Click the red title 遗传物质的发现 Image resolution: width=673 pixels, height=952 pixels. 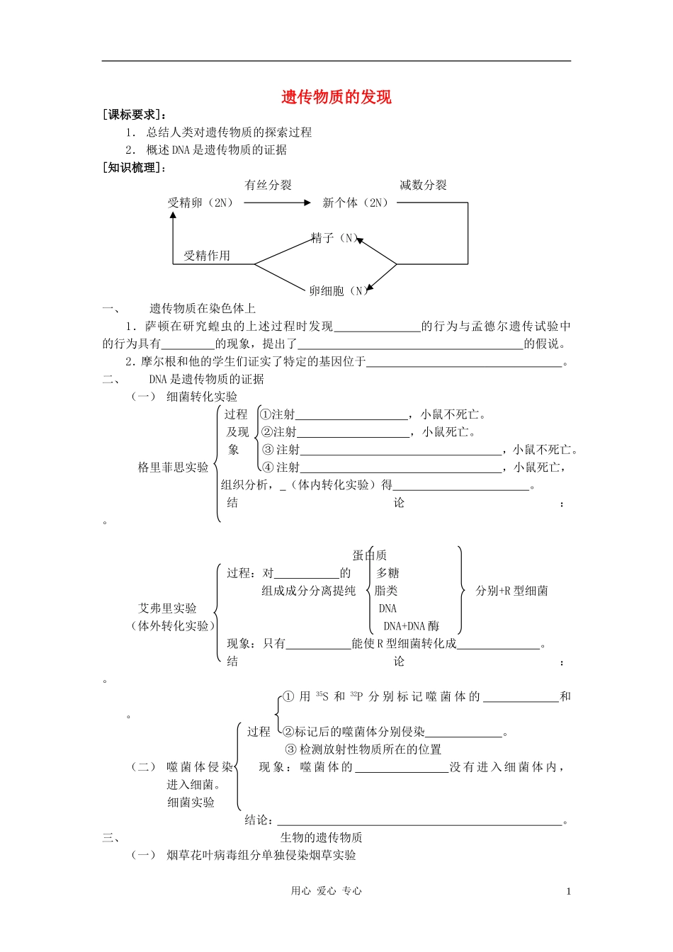(x=336, y=97)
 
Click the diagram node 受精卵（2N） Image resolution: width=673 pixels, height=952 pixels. (x=202, y=203)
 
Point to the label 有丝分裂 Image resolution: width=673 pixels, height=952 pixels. (x=268, y=185)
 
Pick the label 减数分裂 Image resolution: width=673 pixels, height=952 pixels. (x=423, y=185)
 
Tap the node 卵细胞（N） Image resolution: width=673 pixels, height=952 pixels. (x=337, y=290)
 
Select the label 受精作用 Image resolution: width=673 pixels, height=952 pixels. (x=207, y=256)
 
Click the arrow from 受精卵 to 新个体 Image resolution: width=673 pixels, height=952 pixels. (x=276, y=203)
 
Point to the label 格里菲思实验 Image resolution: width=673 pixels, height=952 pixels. (x=173, y=467)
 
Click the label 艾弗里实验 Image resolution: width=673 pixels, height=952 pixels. (x=167, y=608)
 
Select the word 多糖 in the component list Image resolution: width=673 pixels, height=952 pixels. (x=388, y=573)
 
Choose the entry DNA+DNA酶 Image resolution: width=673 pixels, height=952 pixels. (x=411, y=626)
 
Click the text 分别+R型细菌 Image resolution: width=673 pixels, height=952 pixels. (x=511, y=591)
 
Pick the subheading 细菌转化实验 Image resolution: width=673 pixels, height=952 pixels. (x=202, y=397)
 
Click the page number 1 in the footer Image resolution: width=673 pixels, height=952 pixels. (x=568, y=892)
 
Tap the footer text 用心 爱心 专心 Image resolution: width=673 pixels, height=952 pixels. (x=326, y=892)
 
